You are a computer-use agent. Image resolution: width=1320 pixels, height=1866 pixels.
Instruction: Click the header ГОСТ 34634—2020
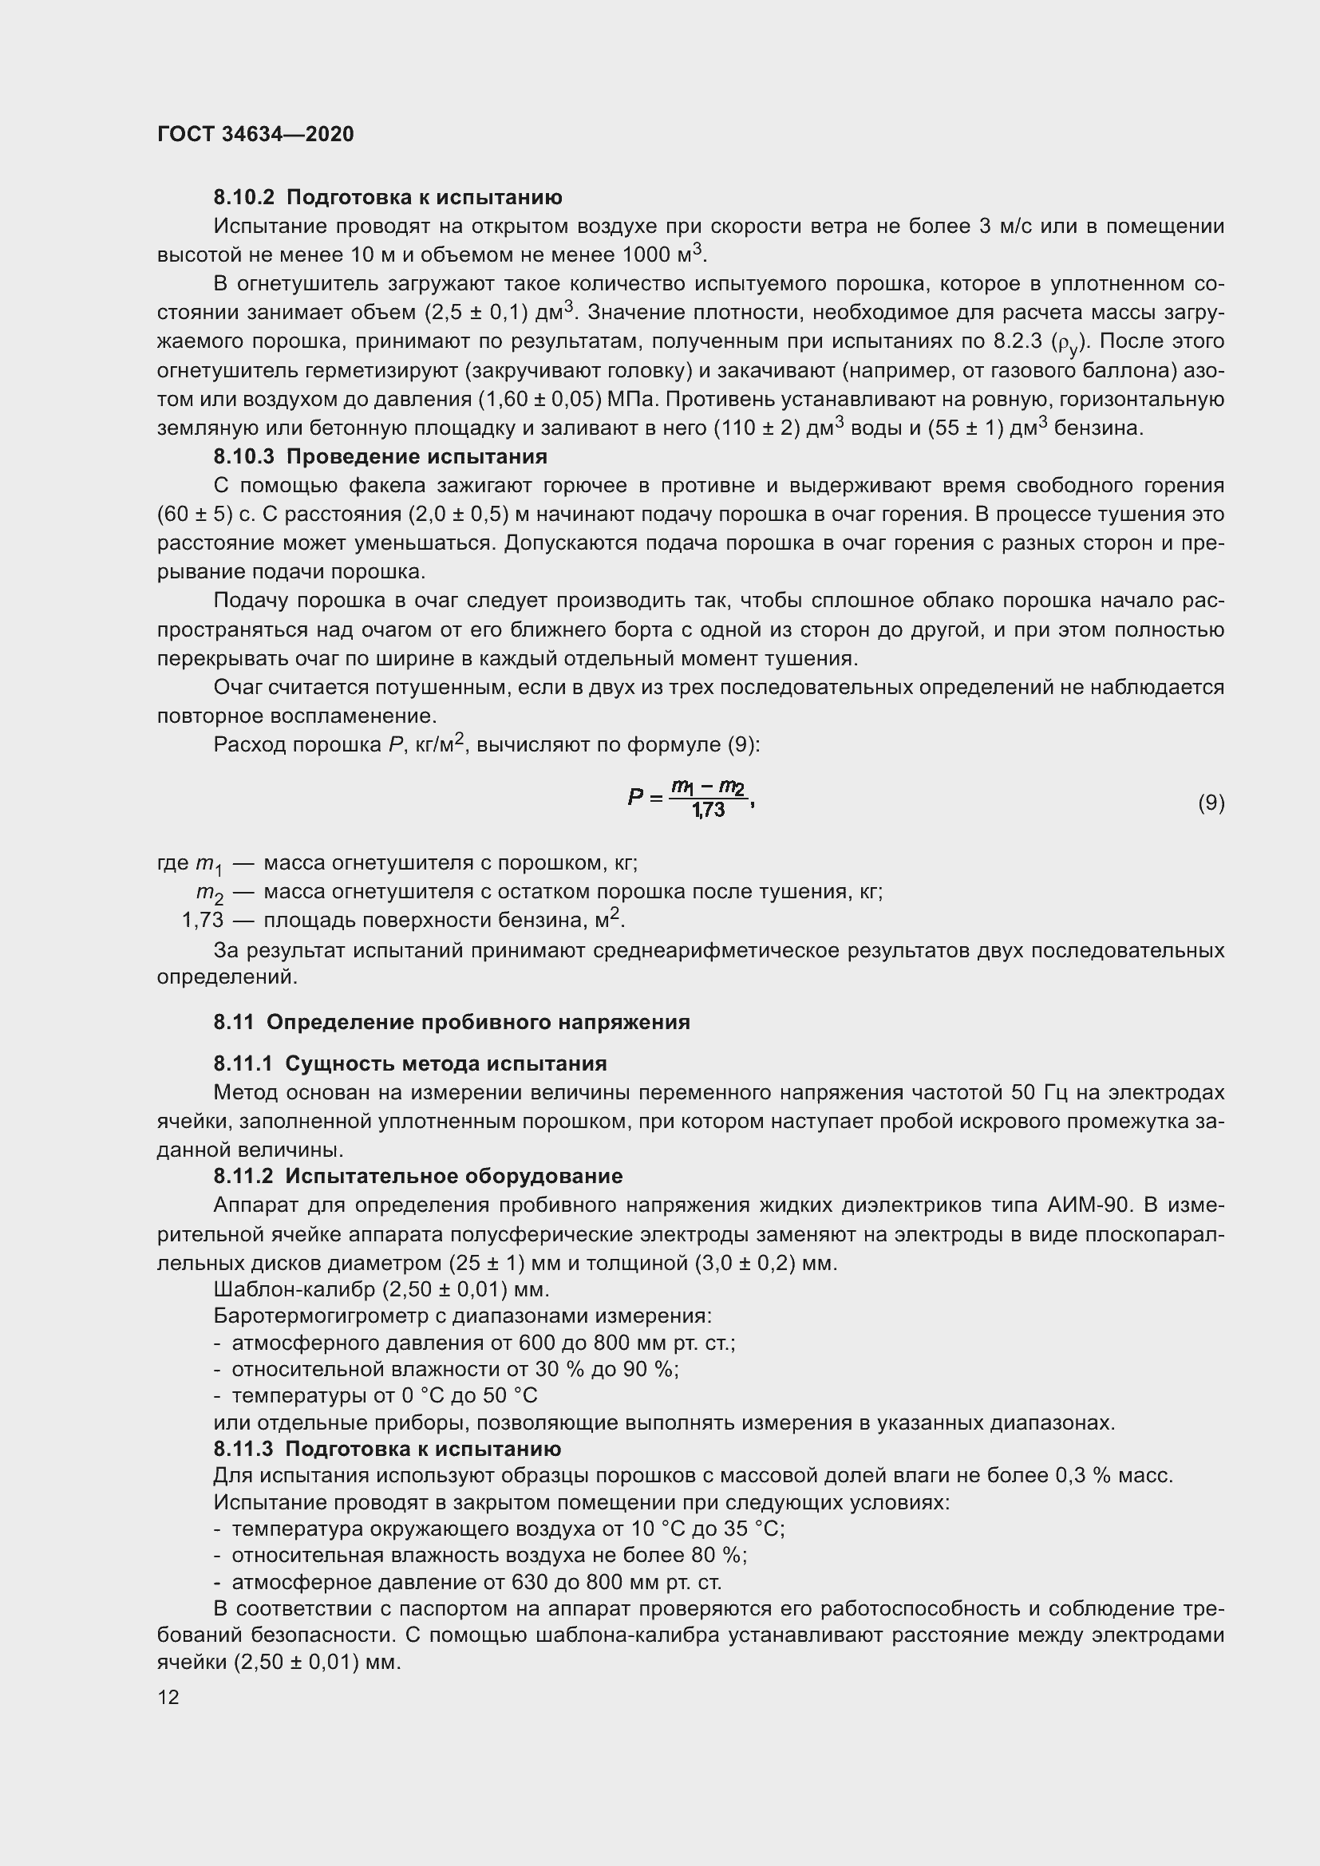coord(255,134)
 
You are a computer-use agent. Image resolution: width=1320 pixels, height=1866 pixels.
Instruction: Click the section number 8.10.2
coord(245,198)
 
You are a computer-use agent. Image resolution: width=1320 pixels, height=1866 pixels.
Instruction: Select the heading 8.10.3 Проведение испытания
coord(381,456)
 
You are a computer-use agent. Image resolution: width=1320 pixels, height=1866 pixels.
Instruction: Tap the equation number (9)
coord(1211,803)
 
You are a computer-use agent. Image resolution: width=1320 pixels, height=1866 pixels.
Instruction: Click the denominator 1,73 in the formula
coord(708,811)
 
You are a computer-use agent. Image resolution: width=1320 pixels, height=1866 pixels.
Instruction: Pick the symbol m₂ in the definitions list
coord(210,894)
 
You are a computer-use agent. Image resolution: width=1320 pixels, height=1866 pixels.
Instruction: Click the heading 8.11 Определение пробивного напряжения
coord(451,1023)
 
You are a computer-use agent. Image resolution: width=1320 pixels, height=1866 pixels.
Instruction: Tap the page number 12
coord(168,1697)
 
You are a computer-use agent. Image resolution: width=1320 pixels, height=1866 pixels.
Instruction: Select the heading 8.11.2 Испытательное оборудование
coord(417,1176)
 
